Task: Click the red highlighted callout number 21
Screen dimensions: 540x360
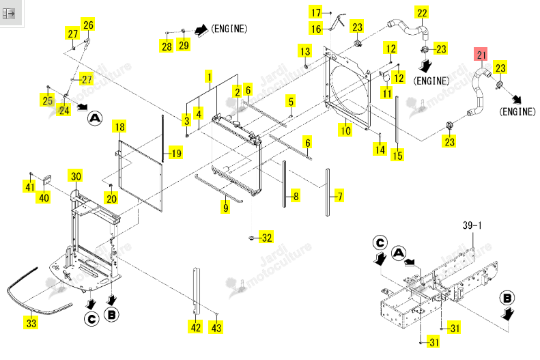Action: [481, 55]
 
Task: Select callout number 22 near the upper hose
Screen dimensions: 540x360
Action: [422, 13]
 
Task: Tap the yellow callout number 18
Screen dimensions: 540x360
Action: [119, 127]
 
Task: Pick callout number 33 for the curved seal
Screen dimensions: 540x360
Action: [31, 323]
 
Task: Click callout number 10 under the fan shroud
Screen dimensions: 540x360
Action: [345, 130]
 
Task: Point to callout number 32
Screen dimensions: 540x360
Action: [267, 238]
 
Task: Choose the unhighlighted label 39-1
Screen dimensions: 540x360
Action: [472, 225]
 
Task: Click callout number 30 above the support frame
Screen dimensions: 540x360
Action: [76, 176]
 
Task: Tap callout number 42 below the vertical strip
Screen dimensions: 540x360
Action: [196, 327]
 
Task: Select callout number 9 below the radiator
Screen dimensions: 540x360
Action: [225, 208]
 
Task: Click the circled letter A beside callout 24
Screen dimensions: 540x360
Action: [95, 118]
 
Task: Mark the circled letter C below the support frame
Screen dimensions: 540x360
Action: [91, 319]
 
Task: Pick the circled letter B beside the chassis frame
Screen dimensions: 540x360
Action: [507, 299]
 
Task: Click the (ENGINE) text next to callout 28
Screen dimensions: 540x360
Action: [229, 29]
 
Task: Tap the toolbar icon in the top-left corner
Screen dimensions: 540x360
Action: [9, 14]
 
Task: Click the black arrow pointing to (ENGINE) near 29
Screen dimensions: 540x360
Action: [201, 29]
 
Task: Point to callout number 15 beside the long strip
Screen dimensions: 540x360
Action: [397, 155]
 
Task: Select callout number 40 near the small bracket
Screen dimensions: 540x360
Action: [44, 197]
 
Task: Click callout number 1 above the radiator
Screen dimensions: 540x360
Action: [209, 77]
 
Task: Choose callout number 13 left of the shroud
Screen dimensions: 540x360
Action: [305, 51]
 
